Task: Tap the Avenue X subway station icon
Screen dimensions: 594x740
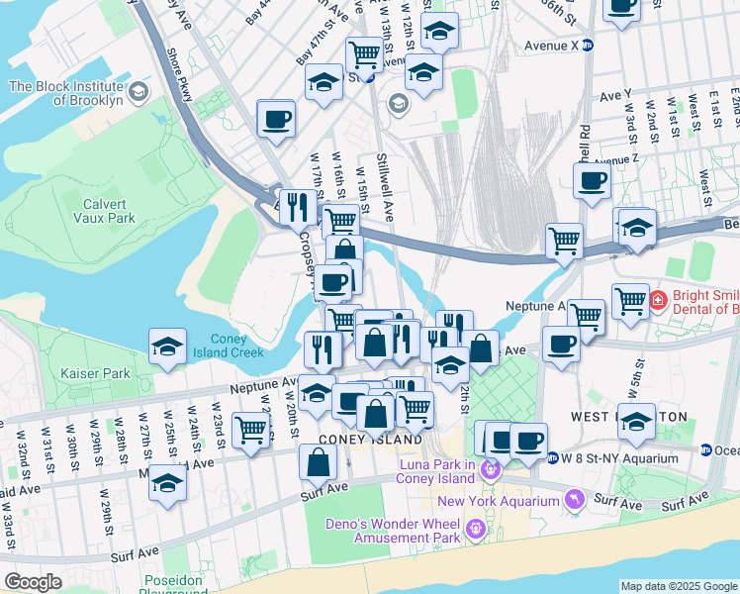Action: click(x=587, y=45)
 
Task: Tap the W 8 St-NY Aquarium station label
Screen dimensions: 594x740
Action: click(x=620, y=458)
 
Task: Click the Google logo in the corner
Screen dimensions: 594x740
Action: click(x=33, y=582)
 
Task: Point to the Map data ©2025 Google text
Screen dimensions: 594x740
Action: click(x=679, y=586)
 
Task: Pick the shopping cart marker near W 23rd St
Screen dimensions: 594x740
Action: click(x=251, y=431)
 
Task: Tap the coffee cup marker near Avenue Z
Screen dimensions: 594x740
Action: click(x=592, y=181)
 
